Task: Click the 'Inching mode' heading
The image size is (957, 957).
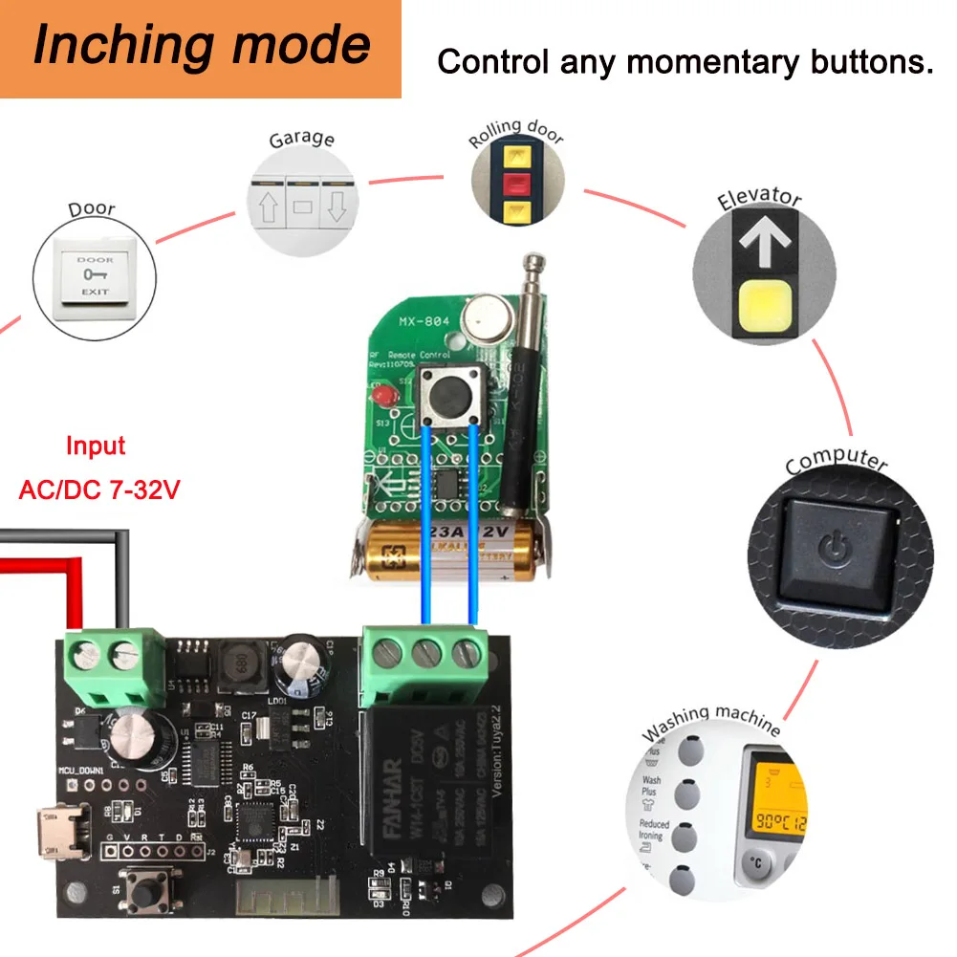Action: click(201, 47)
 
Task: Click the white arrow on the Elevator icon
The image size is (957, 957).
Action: click(765, 245)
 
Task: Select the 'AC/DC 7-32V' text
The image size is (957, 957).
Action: click(99, 490)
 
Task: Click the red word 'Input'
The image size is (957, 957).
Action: click(96, 446)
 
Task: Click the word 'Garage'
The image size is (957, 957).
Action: click(301, 139)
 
